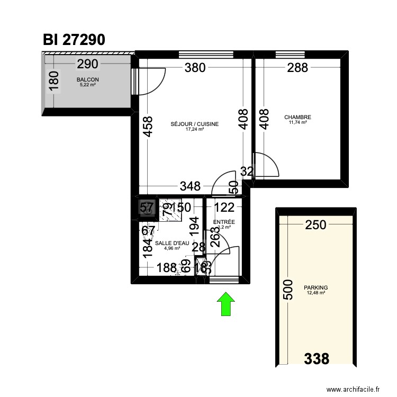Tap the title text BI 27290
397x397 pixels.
click(75, 40)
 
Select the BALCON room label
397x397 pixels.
click(87, 80)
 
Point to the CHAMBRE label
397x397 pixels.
click(297, 118)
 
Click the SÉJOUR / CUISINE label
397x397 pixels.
click(194, 124)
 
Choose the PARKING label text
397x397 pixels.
click(315, 288)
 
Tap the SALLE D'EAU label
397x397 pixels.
click(172, 243)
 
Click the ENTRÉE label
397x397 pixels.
click(224, 222)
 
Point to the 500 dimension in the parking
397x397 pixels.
click(288, 289)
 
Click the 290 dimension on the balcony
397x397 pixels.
click(87, 65)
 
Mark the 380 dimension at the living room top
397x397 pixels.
click(195, 68)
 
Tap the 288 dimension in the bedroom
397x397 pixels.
click(297, 68)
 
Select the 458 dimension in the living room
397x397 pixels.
click(148, 128)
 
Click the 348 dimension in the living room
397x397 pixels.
click(190, 186)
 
